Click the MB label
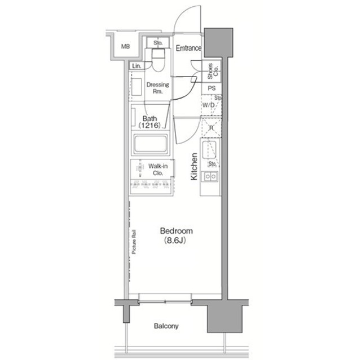click(125, 47)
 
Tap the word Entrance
click(188, 48)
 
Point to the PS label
click(212, 88)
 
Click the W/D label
click(208, 105)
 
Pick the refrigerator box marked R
click(211, 128)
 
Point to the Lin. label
click(137, 66)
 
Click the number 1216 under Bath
click(152, 125)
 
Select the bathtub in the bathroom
click(151, 145)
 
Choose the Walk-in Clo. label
click(156, 170)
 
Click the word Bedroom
click(177, 231)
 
